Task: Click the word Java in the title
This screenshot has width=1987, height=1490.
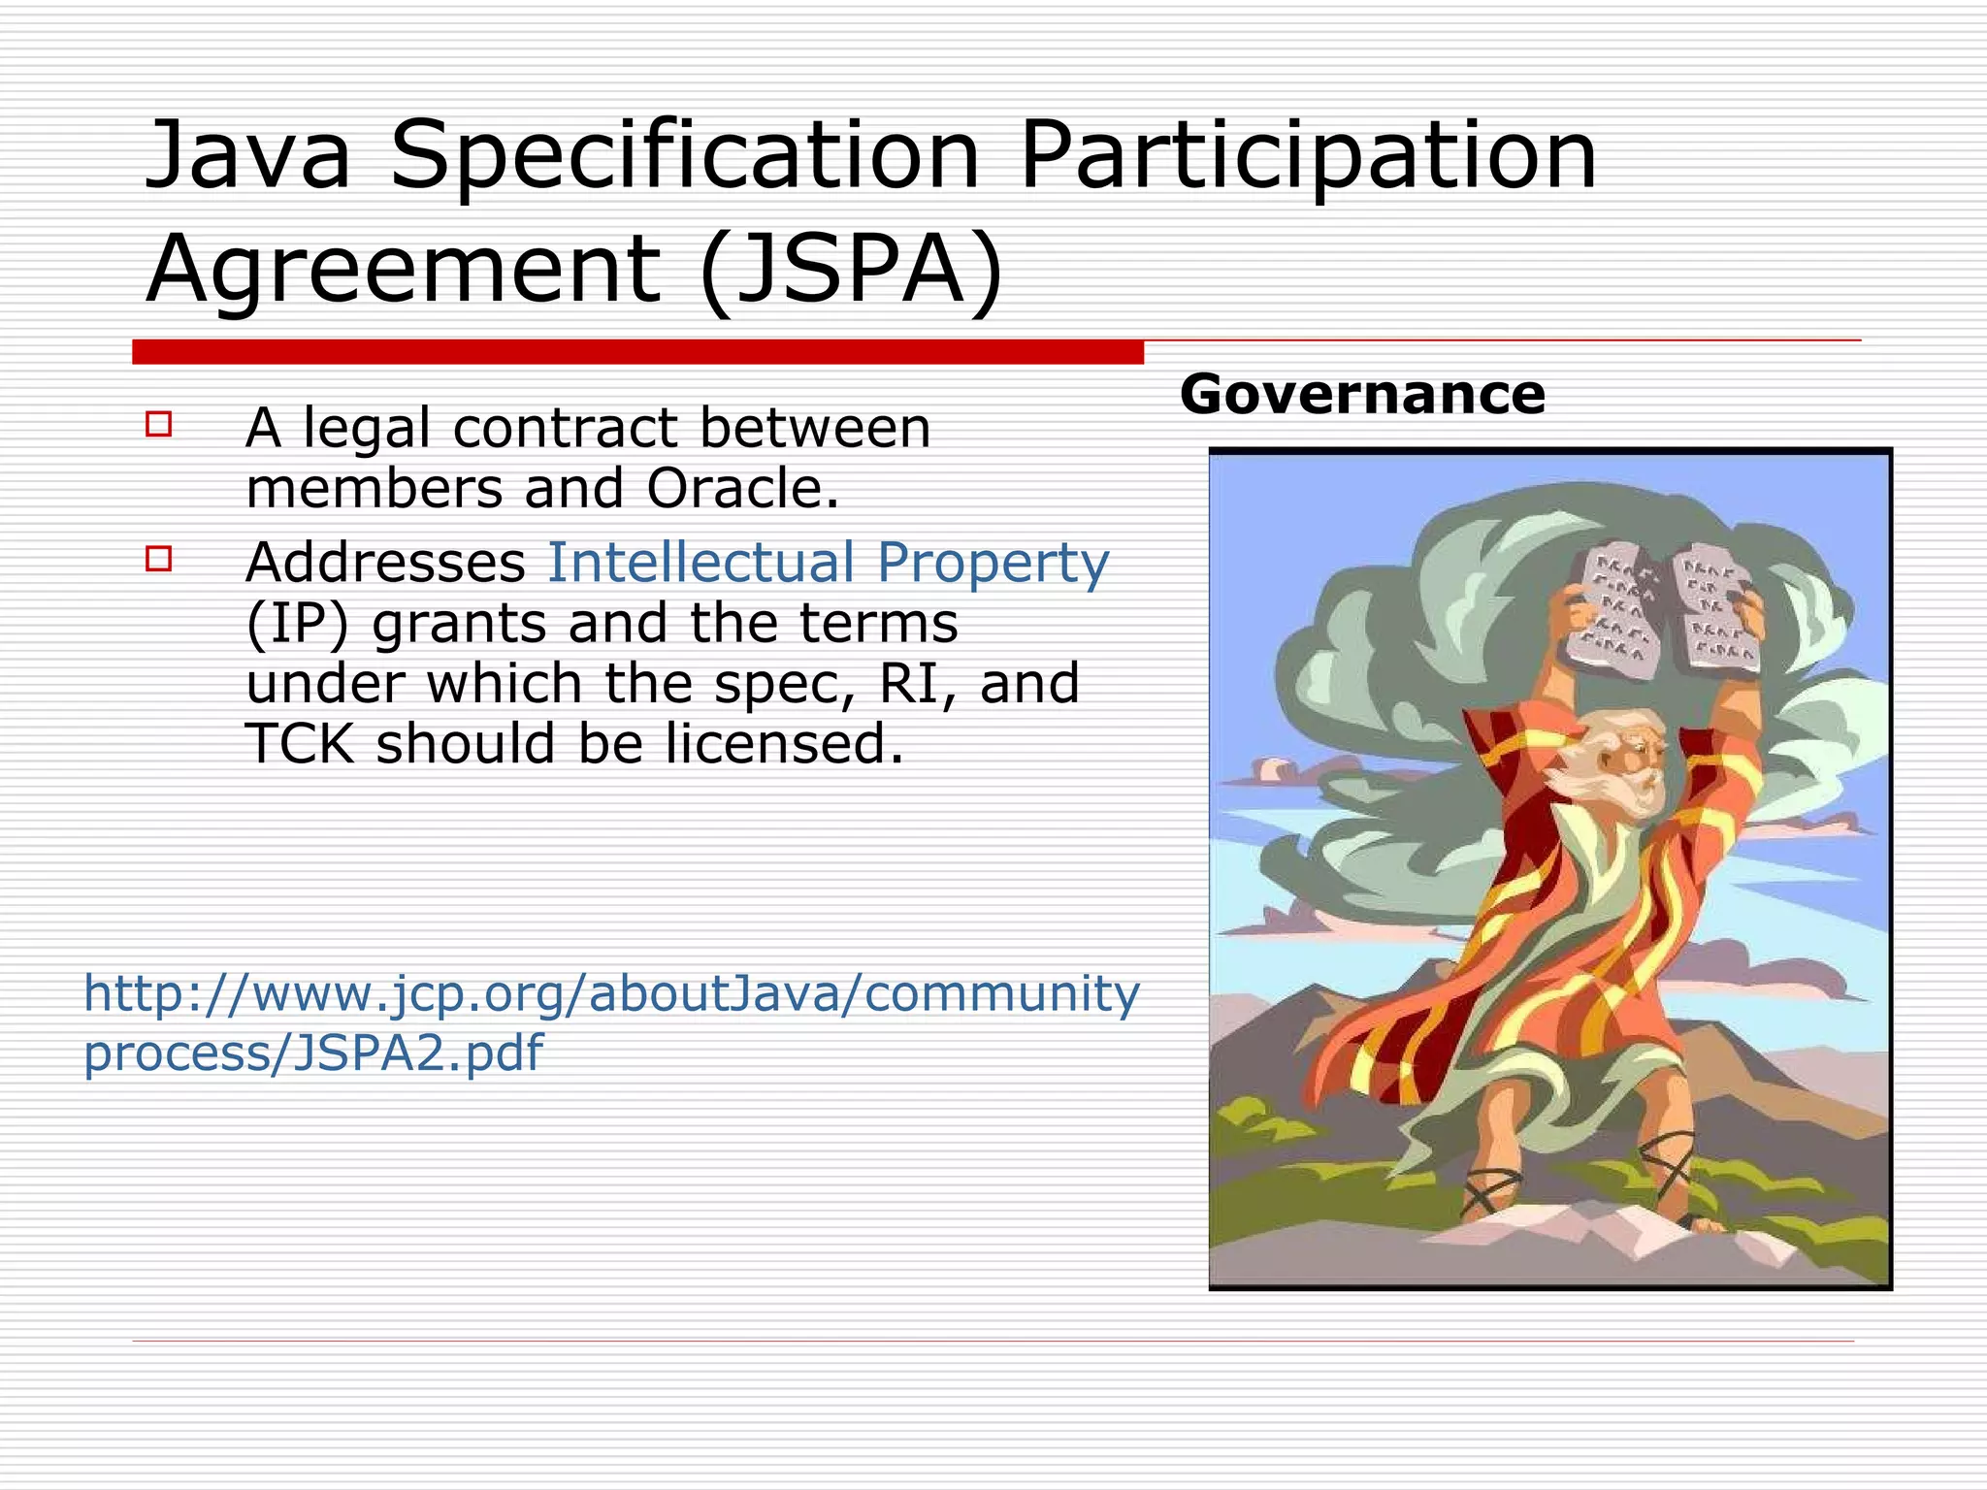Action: pos(246,155)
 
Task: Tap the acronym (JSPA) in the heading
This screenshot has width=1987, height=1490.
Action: pos(850,269)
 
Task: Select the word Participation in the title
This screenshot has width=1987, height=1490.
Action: pos(1307,155)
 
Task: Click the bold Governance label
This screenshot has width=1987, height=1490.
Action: pos(1362,395)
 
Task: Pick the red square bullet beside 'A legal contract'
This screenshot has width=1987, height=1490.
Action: pos(159,425)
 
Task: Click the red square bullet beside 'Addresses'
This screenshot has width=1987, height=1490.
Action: pos(159,559)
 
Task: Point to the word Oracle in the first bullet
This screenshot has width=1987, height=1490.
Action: pos(741,489)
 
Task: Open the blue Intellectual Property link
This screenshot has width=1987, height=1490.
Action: pos(828,563)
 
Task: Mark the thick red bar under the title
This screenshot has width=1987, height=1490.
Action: pos(637,352)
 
